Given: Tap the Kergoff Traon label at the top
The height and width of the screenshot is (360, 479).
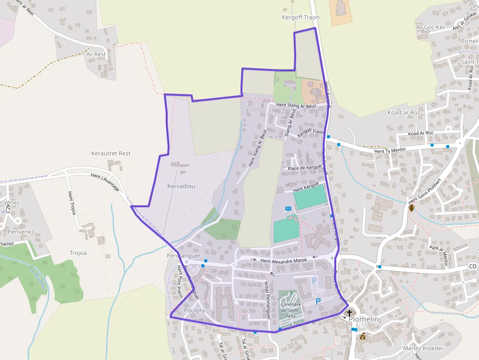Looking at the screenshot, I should coord(301,18).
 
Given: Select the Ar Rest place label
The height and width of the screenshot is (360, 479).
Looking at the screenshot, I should coord(96,54).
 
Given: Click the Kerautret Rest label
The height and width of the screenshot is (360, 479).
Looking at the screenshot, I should coord(111,153).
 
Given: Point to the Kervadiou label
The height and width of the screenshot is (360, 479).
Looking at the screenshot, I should coord(181,186).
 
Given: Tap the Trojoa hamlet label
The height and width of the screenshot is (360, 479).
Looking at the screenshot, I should coord(78,253).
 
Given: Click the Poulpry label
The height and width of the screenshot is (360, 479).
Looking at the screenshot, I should coord(194,311).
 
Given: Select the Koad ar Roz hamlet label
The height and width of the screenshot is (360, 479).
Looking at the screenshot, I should coord(404,112).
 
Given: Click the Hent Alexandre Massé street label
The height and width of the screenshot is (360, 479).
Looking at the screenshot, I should coord(283,261).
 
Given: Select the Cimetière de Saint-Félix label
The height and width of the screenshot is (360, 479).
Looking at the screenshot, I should coord(290,310).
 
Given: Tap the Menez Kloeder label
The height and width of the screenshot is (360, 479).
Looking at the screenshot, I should coord(423,348).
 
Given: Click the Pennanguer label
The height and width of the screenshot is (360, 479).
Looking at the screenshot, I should coord(184,255).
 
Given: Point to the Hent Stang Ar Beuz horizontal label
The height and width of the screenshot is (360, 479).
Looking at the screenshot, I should coord(296,105).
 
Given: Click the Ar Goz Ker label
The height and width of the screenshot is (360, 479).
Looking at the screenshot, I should coord(431,27).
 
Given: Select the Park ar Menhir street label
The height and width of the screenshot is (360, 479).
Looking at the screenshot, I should coord(438,254).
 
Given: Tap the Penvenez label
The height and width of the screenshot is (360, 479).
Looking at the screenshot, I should coord(21,232).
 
